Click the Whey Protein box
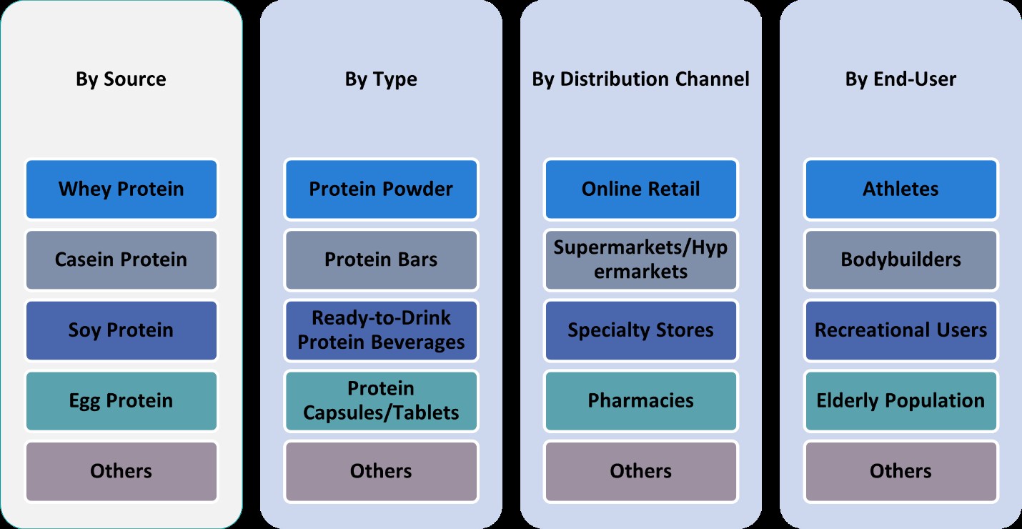point(121,189)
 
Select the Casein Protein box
point(121,259)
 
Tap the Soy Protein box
point(121,330)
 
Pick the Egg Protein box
point(121,400)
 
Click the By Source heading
point(121,79)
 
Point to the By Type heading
point(381,79)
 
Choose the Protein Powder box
point(381,189)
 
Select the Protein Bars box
point(381,259)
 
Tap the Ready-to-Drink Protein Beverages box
point(381,330)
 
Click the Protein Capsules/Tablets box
point(381,400)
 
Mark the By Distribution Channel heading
point(640,79)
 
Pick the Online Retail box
point(640,189)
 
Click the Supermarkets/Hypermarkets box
point(640,259)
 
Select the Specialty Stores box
point(640,330)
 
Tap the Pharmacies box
point(640,400)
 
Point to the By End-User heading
point(901,79)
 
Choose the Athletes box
point(901,189)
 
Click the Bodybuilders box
point(901,259)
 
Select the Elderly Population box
point(901,400)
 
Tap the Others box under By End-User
point(901,471)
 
